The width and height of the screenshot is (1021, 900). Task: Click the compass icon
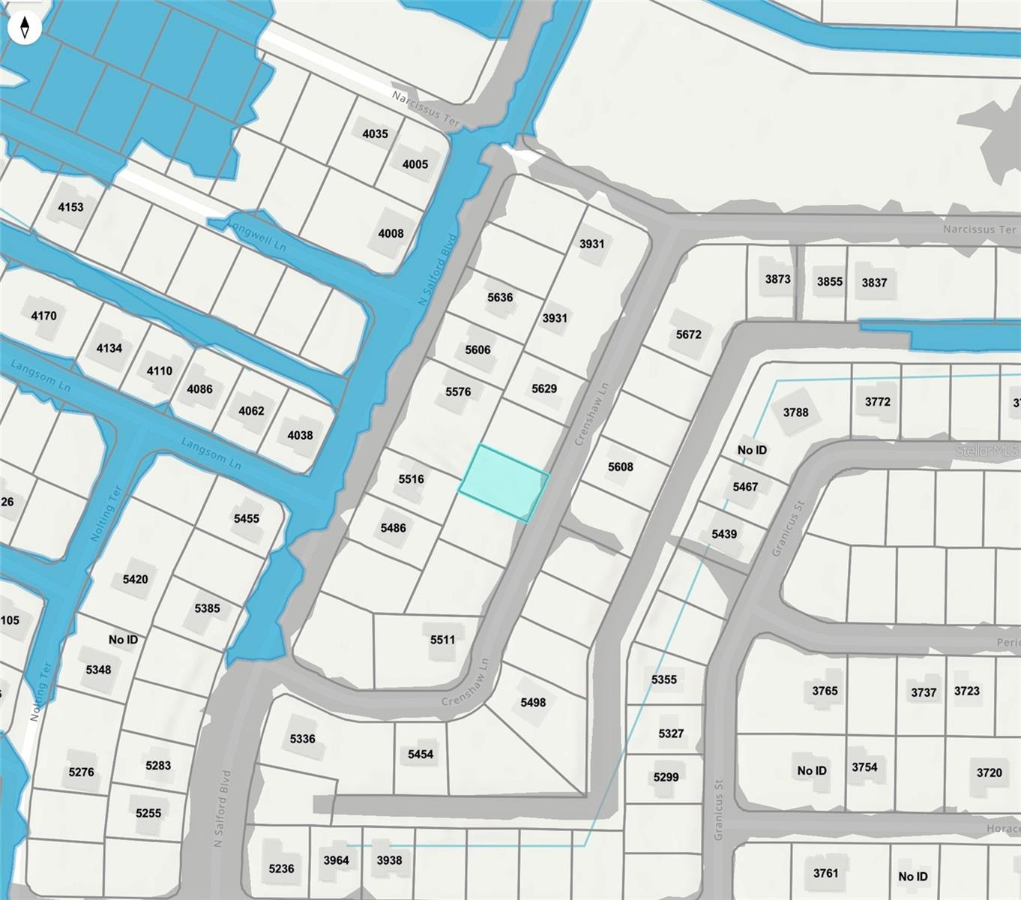(x=25, y=28)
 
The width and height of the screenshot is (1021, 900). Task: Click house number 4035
(x=375, y=134)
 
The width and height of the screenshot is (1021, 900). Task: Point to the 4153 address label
(x=70, y=207)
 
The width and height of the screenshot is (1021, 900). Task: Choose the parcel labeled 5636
(x=500, y=298)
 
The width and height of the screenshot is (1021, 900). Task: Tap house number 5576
(x=458, y=391)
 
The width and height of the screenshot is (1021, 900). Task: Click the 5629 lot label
(x=544, y=388)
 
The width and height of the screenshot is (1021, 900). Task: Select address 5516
(x=411, y=479)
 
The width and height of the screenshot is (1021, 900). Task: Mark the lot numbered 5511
(x=442, y=640)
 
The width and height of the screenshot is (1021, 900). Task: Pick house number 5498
(x=533, y=703)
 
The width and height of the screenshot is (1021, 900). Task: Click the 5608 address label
(x=620, y=467)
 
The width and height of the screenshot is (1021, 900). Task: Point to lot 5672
(x=688, y=334)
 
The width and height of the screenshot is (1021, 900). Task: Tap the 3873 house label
(x=777, y=279)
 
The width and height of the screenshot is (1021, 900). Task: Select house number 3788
(x=795, y=412)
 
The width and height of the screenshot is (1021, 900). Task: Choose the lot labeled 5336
(x=302, y=739)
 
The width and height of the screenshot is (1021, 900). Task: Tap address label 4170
(x=43, y=316)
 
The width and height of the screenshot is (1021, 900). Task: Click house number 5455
(x=246, y=519)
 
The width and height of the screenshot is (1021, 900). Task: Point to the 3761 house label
(x=825, y=873)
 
